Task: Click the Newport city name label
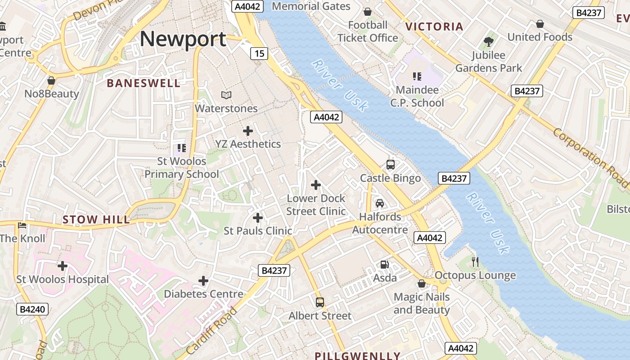coord(183,39)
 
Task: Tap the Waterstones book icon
coord(226,95)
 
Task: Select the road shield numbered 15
coord(259,54)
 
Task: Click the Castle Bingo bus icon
coord(390,165)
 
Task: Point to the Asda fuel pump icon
coord(384,265)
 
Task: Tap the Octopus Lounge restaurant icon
coord(475,261)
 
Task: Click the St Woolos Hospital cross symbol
coord(63,266)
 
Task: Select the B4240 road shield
coord(33,310)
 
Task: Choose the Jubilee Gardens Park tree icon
coord(489,42)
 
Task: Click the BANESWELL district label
coord(144,83)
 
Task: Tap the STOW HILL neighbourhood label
coord(96,220)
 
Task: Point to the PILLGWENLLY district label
coord(357,356)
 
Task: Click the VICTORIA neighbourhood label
coord(434,27)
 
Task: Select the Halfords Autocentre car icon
coord(380,203)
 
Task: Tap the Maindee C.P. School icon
coord(417,76)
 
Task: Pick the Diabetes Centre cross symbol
coord(203,281)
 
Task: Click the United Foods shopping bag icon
coord(540,24)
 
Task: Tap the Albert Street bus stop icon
coord(320,302)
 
